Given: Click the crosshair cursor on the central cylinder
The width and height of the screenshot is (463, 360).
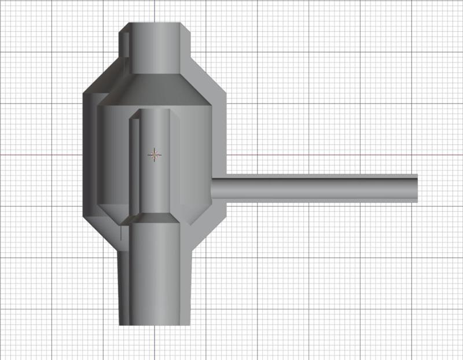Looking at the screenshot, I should coord(155,155).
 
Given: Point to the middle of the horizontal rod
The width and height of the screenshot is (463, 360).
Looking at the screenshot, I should coord(315,188).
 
